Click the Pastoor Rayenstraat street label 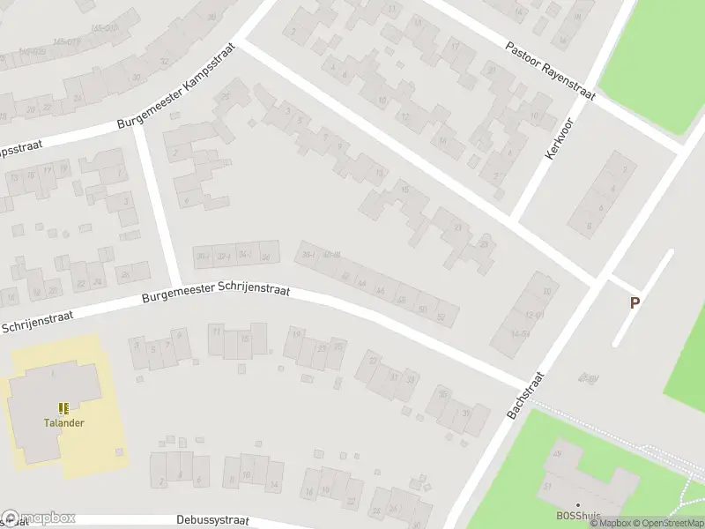551,71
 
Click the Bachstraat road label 527,396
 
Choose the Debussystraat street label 213,520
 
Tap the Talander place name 64,422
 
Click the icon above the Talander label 63,408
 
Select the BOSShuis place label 578,516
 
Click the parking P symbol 634,302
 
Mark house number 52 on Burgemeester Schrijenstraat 442,316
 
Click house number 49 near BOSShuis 556,454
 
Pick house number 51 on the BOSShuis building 548,486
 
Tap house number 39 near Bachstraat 464,412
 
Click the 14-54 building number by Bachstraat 520,333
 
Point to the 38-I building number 308,255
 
